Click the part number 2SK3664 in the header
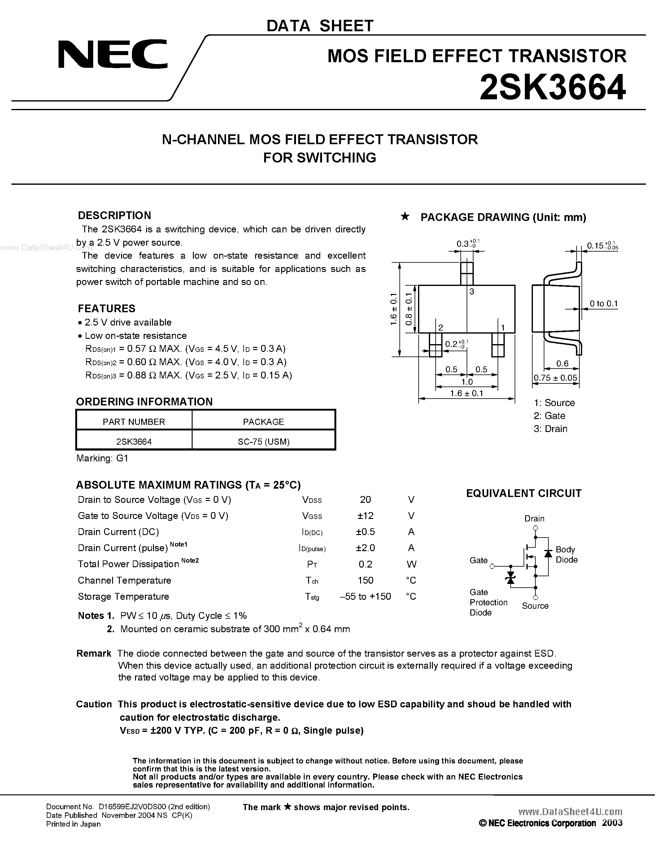[x=552, y=89]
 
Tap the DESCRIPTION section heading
[x=114, y=215]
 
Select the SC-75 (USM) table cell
[x=264, y=442]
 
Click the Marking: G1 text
[x=102, y=458]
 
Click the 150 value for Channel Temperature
[x=365, y=580]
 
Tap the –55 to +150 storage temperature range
[x=365, y=597]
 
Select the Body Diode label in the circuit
[x=566, y=555]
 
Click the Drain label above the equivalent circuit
[x=534, y=518]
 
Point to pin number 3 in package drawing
[x=472, y=292]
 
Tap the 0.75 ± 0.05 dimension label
[x=556, y=378]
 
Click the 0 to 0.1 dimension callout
[x=604, y=304]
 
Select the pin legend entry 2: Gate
[x=549, y=416]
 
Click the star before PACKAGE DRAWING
[x=405, y=217]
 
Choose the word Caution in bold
[x=94, y=704]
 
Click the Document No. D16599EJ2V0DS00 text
[x=128, y=806]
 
